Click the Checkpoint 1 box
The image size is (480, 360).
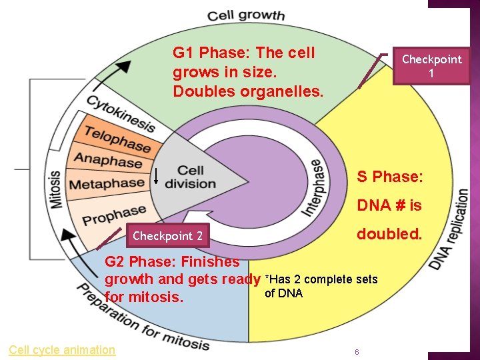(x=431, y=65)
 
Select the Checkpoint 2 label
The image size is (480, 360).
(x=167, y=235)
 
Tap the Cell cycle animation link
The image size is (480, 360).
(x=62, y=349)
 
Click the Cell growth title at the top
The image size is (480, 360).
(x=245, y=15)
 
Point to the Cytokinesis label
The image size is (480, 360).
(x=120, y=114)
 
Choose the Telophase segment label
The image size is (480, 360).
(x=117, y=139)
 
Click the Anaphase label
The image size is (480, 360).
(x=107, y=161)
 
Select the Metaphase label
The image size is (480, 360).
(x=107, y=183)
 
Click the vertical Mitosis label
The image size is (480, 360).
(x=55, y=189)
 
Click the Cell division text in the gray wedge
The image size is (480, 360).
(x=190, y=177)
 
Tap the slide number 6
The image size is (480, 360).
(x=357, y=352)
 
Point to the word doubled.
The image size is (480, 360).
(x=389, y=234)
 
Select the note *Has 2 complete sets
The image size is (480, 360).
(x=321, y=279)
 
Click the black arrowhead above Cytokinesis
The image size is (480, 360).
(x=122, y=67)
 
